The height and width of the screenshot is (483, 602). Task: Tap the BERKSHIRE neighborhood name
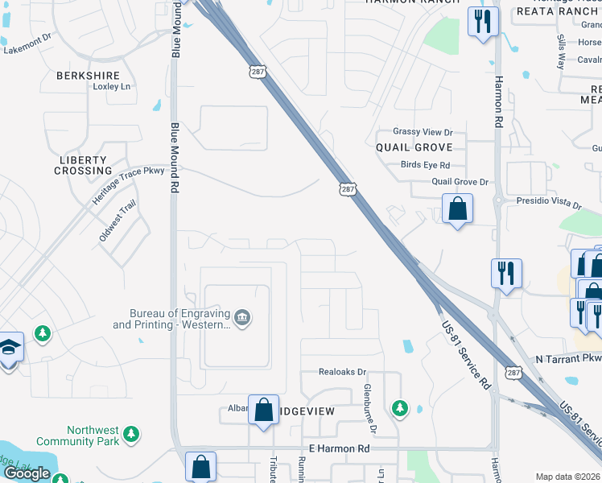[x=88, y=76]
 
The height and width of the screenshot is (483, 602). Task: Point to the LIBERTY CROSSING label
[x=84, y=165]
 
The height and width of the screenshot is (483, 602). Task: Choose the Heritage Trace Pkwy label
[x=128, y=183]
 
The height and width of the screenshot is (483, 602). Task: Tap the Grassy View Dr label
[x=423, y=132]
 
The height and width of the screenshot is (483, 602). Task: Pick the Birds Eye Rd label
[x=425, y=165]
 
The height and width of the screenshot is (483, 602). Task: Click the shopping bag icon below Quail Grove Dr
[x=457, y=209]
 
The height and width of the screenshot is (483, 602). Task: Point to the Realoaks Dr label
[x=342, y=373]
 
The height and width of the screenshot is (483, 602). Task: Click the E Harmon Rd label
[x=339, y=448]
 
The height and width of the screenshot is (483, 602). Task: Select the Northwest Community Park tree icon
[x=130, y=436]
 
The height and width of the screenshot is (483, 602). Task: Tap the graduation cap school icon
[x=9, y=348]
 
